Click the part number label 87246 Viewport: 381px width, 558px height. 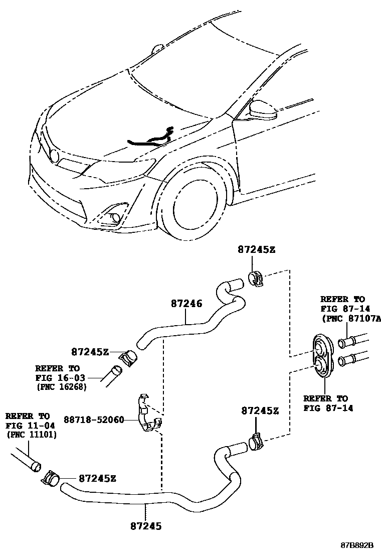click(x=186, y=304)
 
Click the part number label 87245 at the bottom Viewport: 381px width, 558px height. click(x=145, y=526)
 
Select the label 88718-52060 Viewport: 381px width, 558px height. click(x=94, y=419)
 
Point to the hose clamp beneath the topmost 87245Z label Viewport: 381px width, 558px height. click(x=256, y=278)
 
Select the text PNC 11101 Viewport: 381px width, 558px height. click(x=31, y=435)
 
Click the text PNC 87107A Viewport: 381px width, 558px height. click(x=351, y=318)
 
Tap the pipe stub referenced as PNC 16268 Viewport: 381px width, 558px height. click(x=112, y=375)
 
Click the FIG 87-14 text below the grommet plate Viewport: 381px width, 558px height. click(x=328, y=407)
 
